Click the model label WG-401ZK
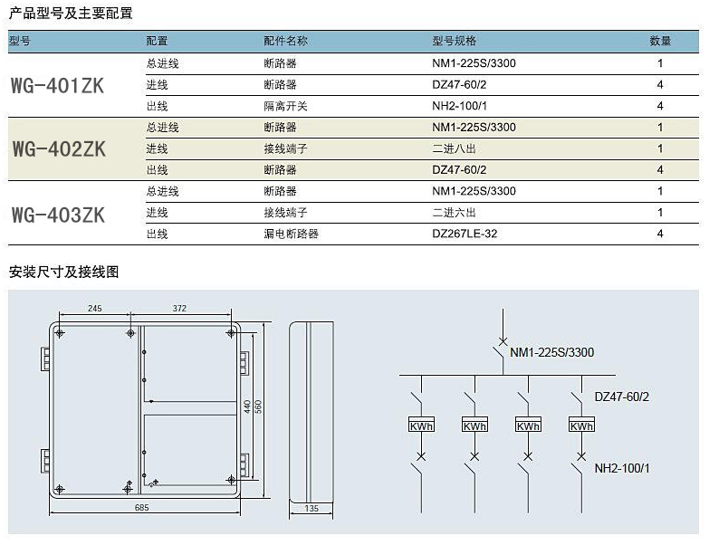(57, 85)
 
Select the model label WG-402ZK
(59, 149)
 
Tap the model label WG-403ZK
(58, 215)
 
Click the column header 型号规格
(454, 41)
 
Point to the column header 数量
(660, 41)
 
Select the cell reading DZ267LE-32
(465, 234)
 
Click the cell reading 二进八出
(454, 148)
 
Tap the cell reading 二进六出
(454, 213)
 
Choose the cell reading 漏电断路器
(292, 234)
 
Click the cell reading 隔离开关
(286, 106)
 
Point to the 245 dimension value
(94, 308)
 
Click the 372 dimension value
(179, 308)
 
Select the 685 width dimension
(141, 508)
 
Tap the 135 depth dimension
(311, 509)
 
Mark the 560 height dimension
(258, 406)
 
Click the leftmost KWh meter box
(421, 424)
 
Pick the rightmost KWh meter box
(581, 424)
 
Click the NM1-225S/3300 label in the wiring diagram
(551, 352)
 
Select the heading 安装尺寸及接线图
(63, 272)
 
